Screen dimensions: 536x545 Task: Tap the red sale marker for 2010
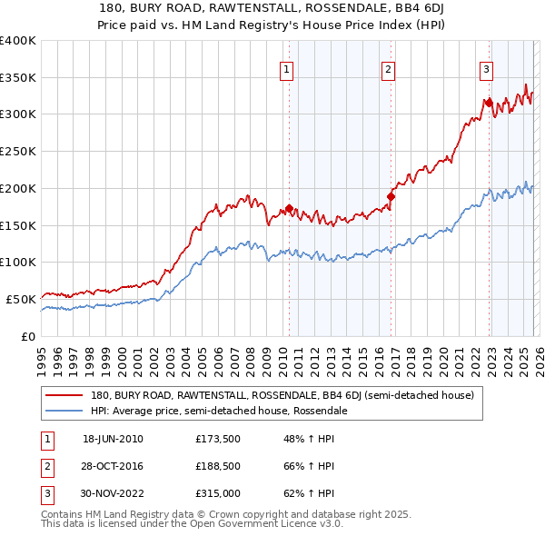point(289,208)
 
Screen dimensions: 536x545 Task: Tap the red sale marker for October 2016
point(391,196)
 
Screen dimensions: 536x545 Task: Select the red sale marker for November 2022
point(489,103)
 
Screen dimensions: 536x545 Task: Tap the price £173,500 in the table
point(216,439)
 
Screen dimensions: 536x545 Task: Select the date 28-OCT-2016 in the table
point(113,466)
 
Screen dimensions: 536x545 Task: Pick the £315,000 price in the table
point(216,493)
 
